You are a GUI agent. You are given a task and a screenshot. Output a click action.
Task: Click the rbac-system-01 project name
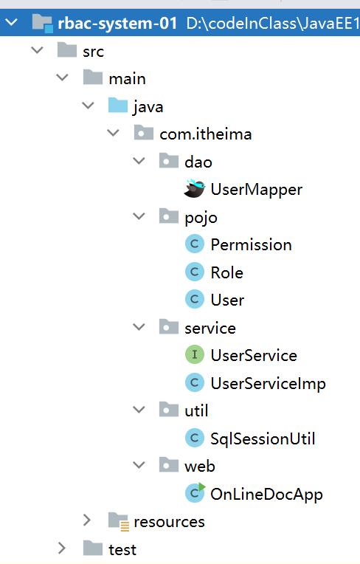[117, 24]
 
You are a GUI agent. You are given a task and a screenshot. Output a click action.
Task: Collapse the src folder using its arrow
[37, 49]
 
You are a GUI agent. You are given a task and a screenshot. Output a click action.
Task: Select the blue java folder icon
[118, 106]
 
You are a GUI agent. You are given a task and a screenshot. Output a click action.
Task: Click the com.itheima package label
[206, 134]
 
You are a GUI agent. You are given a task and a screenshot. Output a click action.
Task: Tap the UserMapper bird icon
[194, 188]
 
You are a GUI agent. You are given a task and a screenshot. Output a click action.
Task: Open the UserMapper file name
[257, 190]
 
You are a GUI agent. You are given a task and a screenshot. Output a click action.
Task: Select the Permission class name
[251, 245]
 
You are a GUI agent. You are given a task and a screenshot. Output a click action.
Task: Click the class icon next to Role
[195, 272]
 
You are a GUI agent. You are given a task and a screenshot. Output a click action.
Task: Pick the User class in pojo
[227, 300]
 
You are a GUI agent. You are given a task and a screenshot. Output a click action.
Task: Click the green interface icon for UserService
[195, 354]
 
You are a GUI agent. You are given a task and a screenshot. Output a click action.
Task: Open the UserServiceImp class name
[268, 383]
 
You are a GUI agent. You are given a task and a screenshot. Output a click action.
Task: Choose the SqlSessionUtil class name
[263, 439]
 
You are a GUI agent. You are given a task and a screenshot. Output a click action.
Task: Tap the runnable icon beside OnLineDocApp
[195, 493]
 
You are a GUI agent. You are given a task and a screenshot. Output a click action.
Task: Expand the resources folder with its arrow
[87, 520]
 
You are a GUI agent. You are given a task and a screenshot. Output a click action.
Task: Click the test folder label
[122, 550]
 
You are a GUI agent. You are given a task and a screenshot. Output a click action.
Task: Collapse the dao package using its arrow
[139, 160]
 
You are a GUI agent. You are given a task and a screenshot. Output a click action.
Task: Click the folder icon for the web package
[169, 464]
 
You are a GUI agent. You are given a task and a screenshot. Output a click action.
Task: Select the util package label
[196, 410]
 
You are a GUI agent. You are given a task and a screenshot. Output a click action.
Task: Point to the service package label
[210, 328]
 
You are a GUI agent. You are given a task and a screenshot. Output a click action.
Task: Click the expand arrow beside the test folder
[62, 548]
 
